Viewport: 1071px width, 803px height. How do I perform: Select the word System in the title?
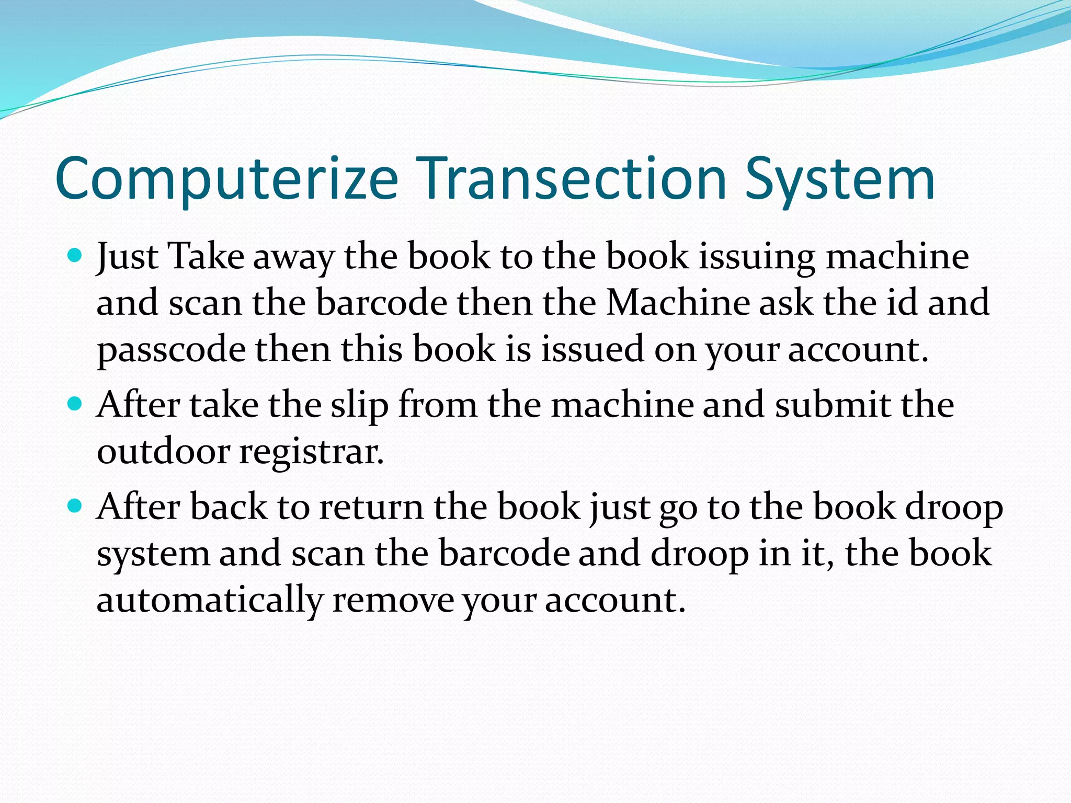(x=840, y=179)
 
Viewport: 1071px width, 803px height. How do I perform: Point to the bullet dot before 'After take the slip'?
(x=76, y=404)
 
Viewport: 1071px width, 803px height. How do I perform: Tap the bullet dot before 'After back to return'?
(x=76, y=506)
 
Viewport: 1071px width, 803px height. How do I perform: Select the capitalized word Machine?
(x=678, y=302)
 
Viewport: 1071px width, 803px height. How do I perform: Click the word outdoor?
(x=163, y=451)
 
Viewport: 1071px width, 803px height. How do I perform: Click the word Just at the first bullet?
(x=127, y=257)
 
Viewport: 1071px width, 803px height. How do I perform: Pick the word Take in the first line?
(x=206, y=256)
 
